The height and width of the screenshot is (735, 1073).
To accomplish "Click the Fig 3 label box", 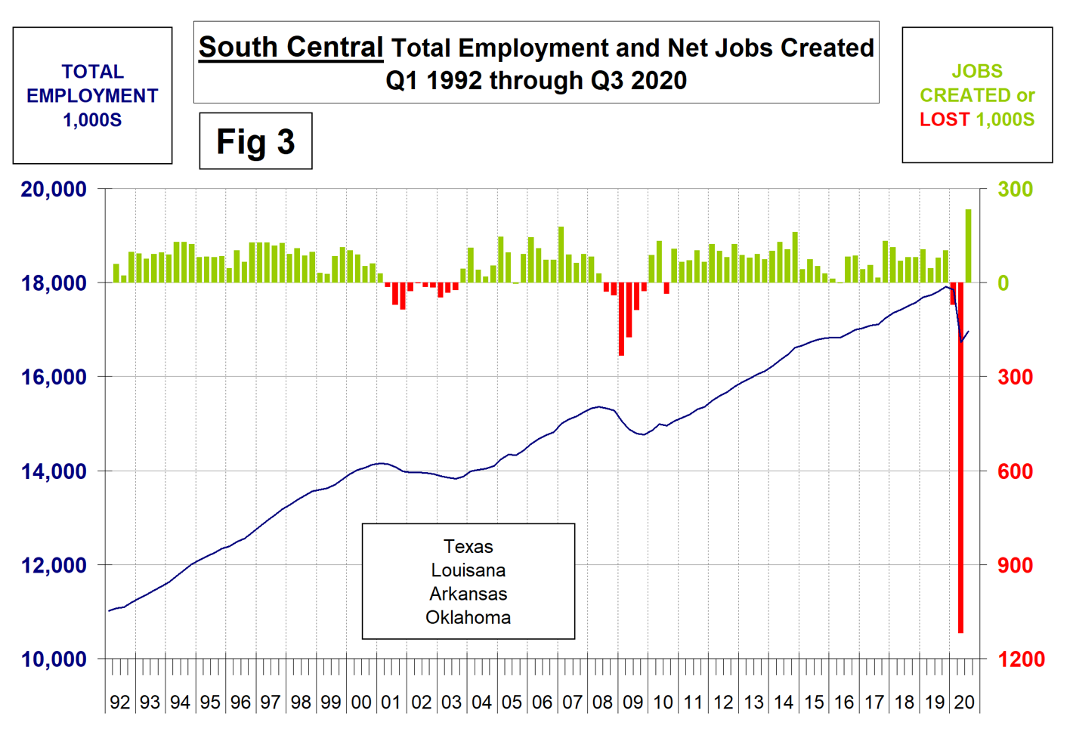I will click(255, 141).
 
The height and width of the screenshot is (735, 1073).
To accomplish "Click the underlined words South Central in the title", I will click(291, 47).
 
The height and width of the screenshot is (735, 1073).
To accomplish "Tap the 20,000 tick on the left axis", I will click(54, 189).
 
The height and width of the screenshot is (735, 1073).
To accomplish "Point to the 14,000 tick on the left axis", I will click(54, 471).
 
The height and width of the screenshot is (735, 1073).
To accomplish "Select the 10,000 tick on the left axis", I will click(54, 659).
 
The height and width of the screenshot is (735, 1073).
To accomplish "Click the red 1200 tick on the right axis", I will click(1021, 659).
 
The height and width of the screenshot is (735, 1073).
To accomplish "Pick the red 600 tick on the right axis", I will click(1015, 471).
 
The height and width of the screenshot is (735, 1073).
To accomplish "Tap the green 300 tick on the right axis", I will click(1015, 189).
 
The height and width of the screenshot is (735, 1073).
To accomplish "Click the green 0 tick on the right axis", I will click(1003, 283).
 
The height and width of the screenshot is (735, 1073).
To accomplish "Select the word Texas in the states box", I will click(468, 546).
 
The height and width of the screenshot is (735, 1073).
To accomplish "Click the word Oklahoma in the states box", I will click(468, 617).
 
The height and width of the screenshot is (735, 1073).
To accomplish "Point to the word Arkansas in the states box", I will click(468, 594).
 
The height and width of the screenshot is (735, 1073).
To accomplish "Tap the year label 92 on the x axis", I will click(119, 702).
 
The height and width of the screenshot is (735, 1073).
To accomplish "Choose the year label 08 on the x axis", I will click(602, 702).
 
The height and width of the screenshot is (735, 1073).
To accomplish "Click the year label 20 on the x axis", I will click(964, 702).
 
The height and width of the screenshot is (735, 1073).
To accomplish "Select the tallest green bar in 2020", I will click(968, 246).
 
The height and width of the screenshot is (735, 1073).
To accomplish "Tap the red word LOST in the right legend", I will click(944, 119).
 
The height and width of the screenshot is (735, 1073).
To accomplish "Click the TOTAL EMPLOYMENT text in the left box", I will click(92, 84).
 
